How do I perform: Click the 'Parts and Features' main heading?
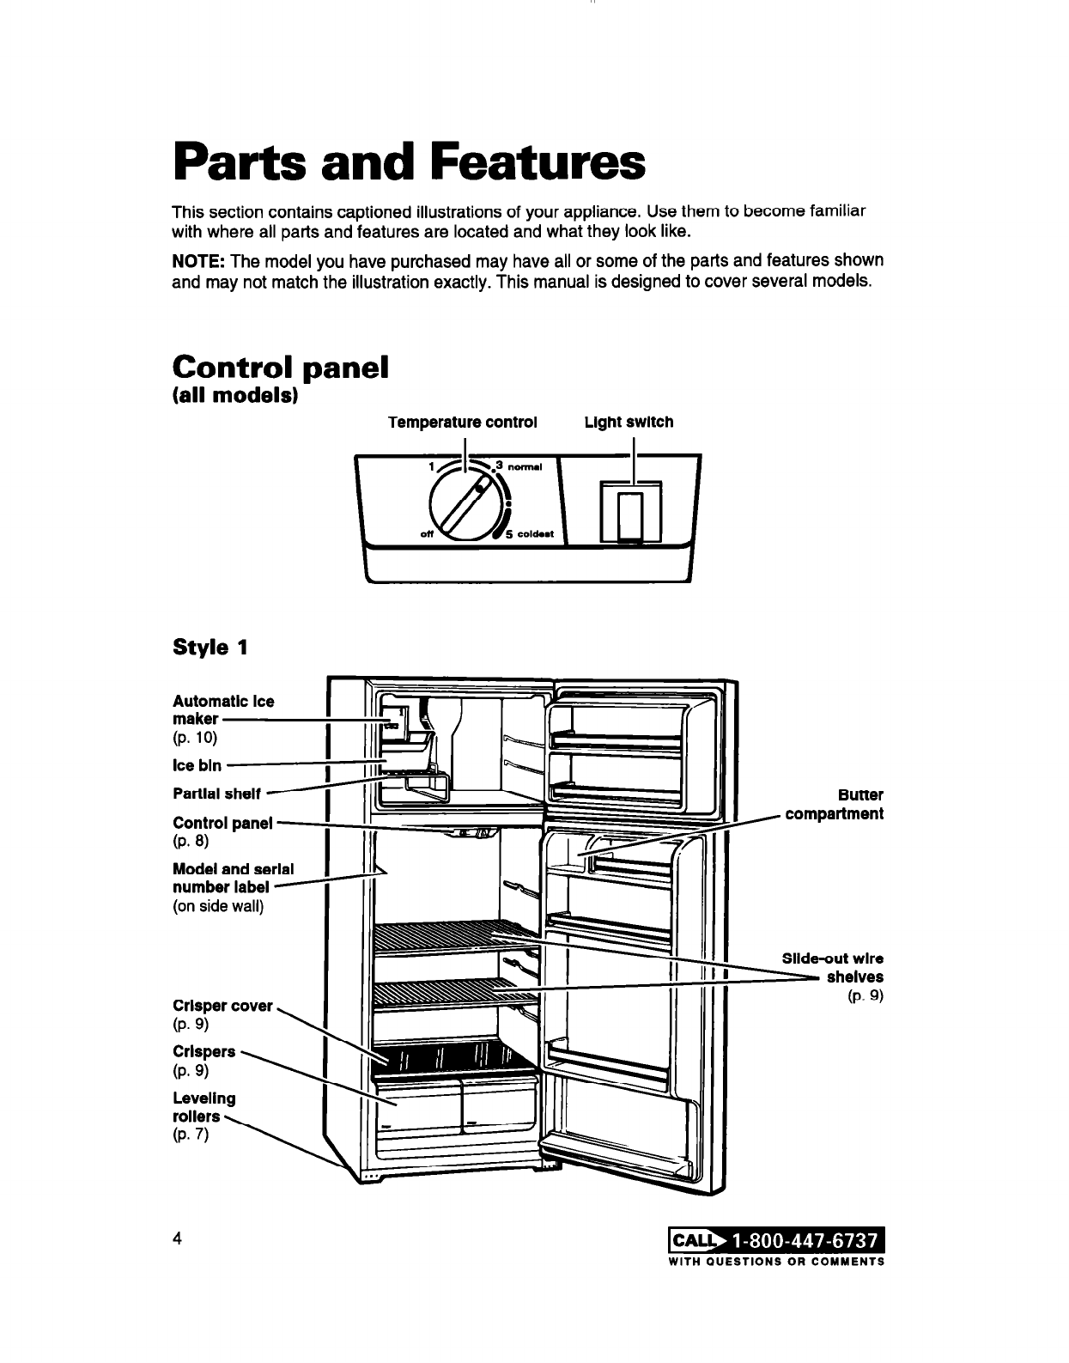click(x=408, y=163)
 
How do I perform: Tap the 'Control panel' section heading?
click(x=281, y=367)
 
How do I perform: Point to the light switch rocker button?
click(x=633, y=517)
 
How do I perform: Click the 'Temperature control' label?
click(x=462, y=423)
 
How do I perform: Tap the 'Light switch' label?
click(x=629, y=423)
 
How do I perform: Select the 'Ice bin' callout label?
click(x=197, y=764)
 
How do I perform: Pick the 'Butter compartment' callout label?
click(x=834, y=804)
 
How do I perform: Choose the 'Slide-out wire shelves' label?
click(x=832, y=968)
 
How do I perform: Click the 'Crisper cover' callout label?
click(x=222, y=1005)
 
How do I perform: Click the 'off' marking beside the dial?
click(x=424, y=534)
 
